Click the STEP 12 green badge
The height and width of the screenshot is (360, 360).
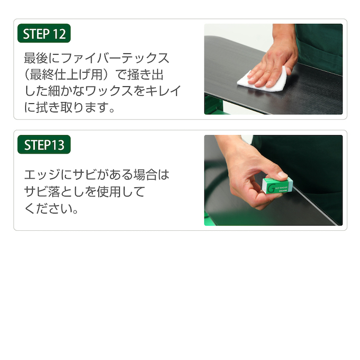44,33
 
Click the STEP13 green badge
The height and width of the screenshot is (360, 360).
44,145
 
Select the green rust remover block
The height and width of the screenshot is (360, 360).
277,185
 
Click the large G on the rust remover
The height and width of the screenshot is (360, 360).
271,188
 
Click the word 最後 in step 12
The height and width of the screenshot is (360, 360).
36,58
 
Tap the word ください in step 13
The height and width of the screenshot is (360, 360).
48,209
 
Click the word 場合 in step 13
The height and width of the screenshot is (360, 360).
146,175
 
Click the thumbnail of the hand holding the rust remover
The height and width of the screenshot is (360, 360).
274,180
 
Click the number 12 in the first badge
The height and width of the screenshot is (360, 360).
59,34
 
